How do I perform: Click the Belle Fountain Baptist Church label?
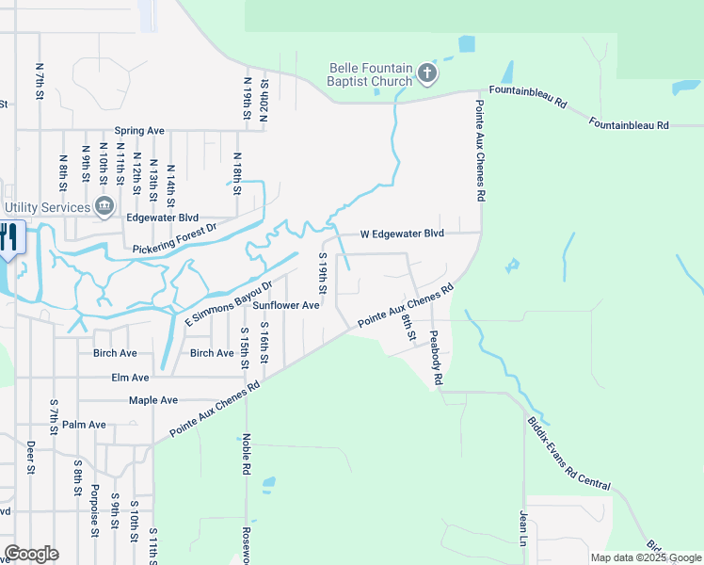tap(370, 74)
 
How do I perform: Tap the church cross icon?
tap(426, 73)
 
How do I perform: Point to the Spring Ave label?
tap(139, 131)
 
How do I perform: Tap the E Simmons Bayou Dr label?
tap(228, 303)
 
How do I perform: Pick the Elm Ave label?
tap(131, 378)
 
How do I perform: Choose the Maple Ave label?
tap(153, 400)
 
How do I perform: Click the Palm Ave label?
tap(85, 425)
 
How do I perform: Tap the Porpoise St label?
tap(95, 510)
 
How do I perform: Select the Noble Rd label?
tap(246, 454)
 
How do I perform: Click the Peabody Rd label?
tap(435, 359)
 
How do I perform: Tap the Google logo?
tap(32, 554)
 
